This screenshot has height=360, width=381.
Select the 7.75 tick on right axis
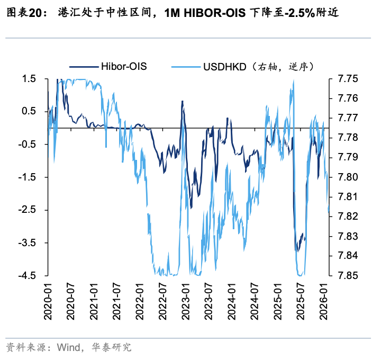pos(346,78)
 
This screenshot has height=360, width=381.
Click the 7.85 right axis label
pos(346,275)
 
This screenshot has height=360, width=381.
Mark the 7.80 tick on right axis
pos(346,177)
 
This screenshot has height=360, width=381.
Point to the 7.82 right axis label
pos(346,216)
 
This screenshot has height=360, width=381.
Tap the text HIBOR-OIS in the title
pos(212,14)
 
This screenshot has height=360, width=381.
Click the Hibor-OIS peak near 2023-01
pos(183,101)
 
